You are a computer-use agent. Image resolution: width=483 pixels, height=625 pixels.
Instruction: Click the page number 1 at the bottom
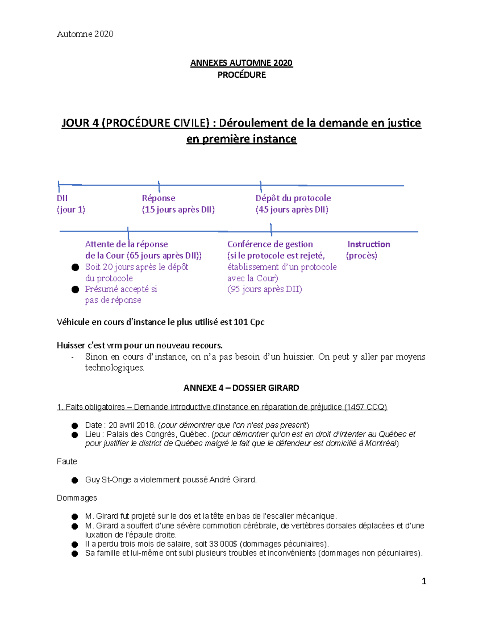click(x=423, y=581)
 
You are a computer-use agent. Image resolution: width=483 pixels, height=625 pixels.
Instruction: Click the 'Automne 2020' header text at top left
click(x=85, y=34)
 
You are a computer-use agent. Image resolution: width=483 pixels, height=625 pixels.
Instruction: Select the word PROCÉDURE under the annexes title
click(x=242, y=75)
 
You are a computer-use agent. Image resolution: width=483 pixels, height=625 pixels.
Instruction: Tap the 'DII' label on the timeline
click(x=62, y=198)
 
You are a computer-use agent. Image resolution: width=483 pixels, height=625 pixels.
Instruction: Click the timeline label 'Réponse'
click(x=159, y=198)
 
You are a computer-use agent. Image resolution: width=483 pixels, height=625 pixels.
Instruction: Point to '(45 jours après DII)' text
click(x=292, y=209)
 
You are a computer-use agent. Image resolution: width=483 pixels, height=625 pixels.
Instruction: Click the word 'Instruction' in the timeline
click(x=369, y=244)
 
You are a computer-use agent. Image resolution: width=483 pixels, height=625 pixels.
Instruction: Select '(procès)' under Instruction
click(x=361, y=256)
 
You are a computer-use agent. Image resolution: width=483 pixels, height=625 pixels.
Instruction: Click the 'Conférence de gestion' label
click(x=270, y=244)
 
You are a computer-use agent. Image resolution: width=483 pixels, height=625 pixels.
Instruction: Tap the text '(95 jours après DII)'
click(x=264, y=289)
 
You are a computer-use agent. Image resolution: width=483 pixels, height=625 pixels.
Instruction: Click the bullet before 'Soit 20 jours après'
click(x=75, y=267)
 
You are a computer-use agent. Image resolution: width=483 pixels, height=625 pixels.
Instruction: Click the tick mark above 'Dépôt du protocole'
click(x=261, y=186)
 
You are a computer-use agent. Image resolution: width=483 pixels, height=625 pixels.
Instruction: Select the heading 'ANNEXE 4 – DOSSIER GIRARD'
click(x=241, y=388)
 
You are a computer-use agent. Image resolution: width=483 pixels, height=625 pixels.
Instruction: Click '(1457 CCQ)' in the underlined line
click(x=365, y=407)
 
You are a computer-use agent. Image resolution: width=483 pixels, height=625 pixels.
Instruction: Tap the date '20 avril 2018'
click(x=132, y=425)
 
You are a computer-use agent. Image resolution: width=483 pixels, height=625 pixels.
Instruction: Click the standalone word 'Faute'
click(x=67, y=462)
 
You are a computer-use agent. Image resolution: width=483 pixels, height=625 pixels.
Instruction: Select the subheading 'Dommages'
click(x=77, y=498)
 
